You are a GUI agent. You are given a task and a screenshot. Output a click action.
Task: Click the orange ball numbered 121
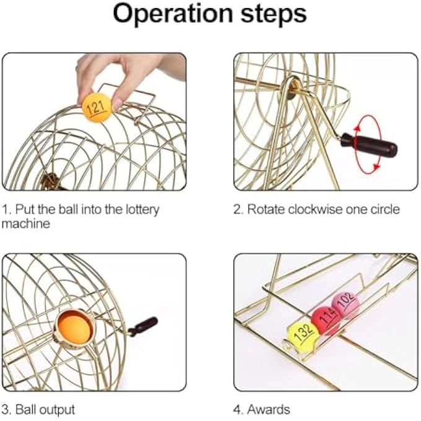(96, 107)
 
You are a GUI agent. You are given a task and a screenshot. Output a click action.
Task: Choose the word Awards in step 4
(269, 409)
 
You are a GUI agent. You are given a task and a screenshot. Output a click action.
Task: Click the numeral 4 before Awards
(237, 409)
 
